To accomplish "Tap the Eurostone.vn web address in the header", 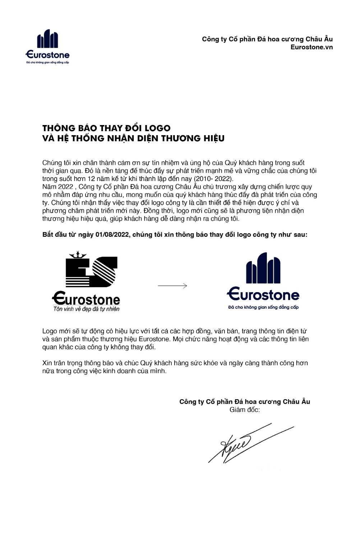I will pyautogui.click(x=311, y=47).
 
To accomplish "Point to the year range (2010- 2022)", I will pyautogui.click(x=213, y=179).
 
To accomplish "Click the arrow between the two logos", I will pyautogui.click(x=172, y=286).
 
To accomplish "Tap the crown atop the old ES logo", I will pyautogui.click(x=78, y=255).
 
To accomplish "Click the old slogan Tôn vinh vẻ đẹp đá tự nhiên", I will pyautogui.click(x=86, y=309).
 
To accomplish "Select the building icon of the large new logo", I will pyautogui.click(x=263, y=268).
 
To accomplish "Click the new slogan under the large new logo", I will pyautogui.click(x=263, y=307).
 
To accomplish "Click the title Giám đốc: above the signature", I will pyautogui.click(x=245, y=410).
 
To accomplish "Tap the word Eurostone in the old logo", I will pyautogui.click(x=86, y=298).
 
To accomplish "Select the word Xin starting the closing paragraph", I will pyautogui.click(x=47, y=363).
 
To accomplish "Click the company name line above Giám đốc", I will pyautogui.click(x=245, y=401).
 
